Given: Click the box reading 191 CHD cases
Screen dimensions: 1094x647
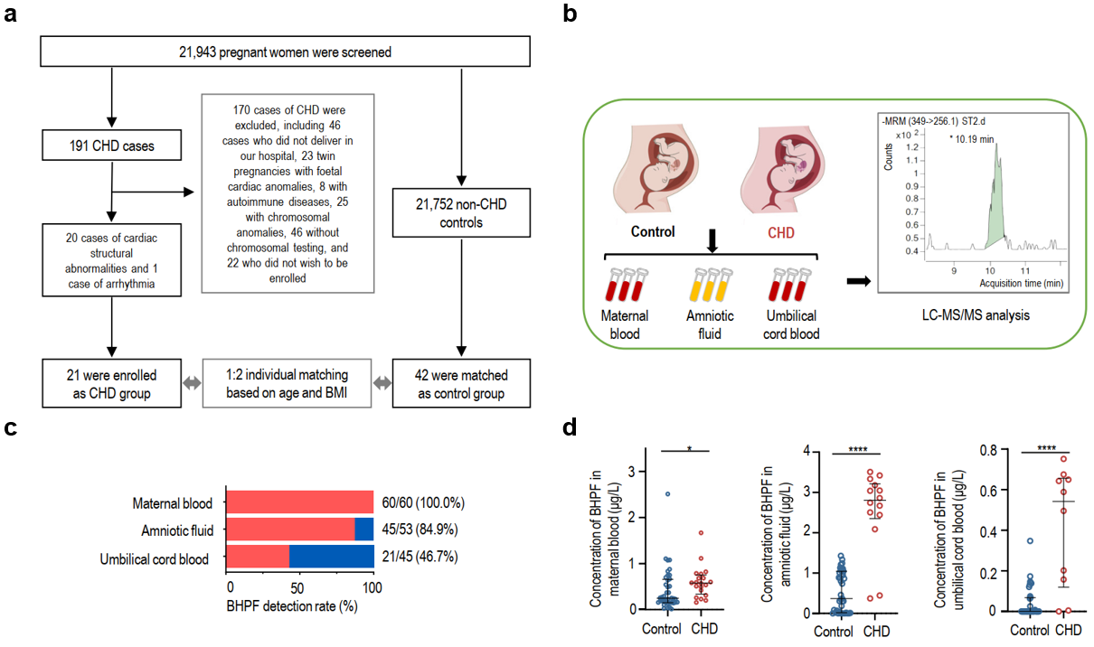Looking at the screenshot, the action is click(x=111, y=145).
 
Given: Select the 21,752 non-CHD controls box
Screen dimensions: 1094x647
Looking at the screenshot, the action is click(x=461, y=213).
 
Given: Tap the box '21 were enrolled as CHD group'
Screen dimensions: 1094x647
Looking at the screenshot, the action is click(x=111, y=383).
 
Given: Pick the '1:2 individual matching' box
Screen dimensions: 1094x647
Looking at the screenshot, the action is click(x=287, y=383).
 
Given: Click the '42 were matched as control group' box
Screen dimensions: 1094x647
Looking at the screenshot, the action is click(x=461, y=383).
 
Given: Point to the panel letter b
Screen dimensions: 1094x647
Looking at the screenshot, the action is click(x=570, y=14).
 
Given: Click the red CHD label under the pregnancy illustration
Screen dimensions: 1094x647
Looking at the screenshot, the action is click(x=781, y=232).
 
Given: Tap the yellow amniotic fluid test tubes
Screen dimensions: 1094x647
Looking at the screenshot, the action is click(x=711, y=285).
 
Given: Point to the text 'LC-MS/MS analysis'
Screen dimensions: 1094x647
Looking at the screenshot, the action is click(x=976, y=315).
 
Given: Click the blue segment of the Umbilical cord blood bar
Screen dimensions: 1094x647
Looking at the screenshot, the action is click(x=332, y=556).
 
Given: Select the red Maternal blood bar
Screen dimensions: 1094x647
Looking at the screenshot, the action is click(x=300, y=502).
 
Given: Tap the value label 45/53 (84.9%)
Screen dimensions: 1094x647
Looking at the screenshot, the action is click(x=420, y=530).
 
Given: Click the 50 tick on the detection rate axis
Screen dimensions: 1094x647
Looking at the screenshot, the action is click(x=297, y=587).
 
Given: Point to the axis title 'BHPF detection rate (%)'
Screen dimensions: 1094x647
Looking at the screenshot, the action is click(x=292, y=606).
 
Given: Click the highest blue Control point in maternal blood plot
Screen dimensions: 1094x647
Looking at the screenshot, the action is click(x=667, y=494).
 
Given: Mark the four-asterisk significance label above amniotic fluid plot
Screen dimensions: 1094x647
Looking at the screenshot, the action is click(x=858, y=449).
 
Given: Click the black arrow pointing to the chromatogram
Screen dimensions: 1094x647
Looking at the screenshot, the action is click(x=859, y=281).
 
